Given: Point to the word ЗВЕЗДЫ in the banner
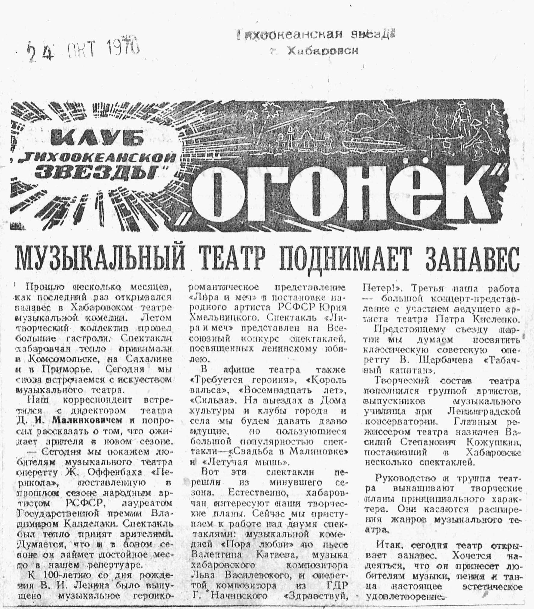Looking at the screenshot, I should click(96, 172).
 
